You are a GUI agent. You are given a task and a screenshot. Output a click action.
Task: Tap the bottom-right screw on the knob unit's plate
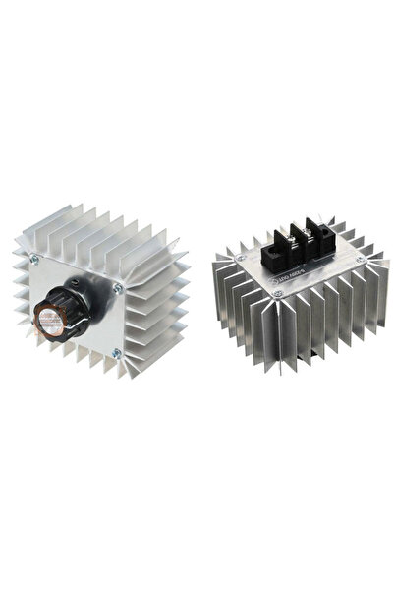coord(116,351)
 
